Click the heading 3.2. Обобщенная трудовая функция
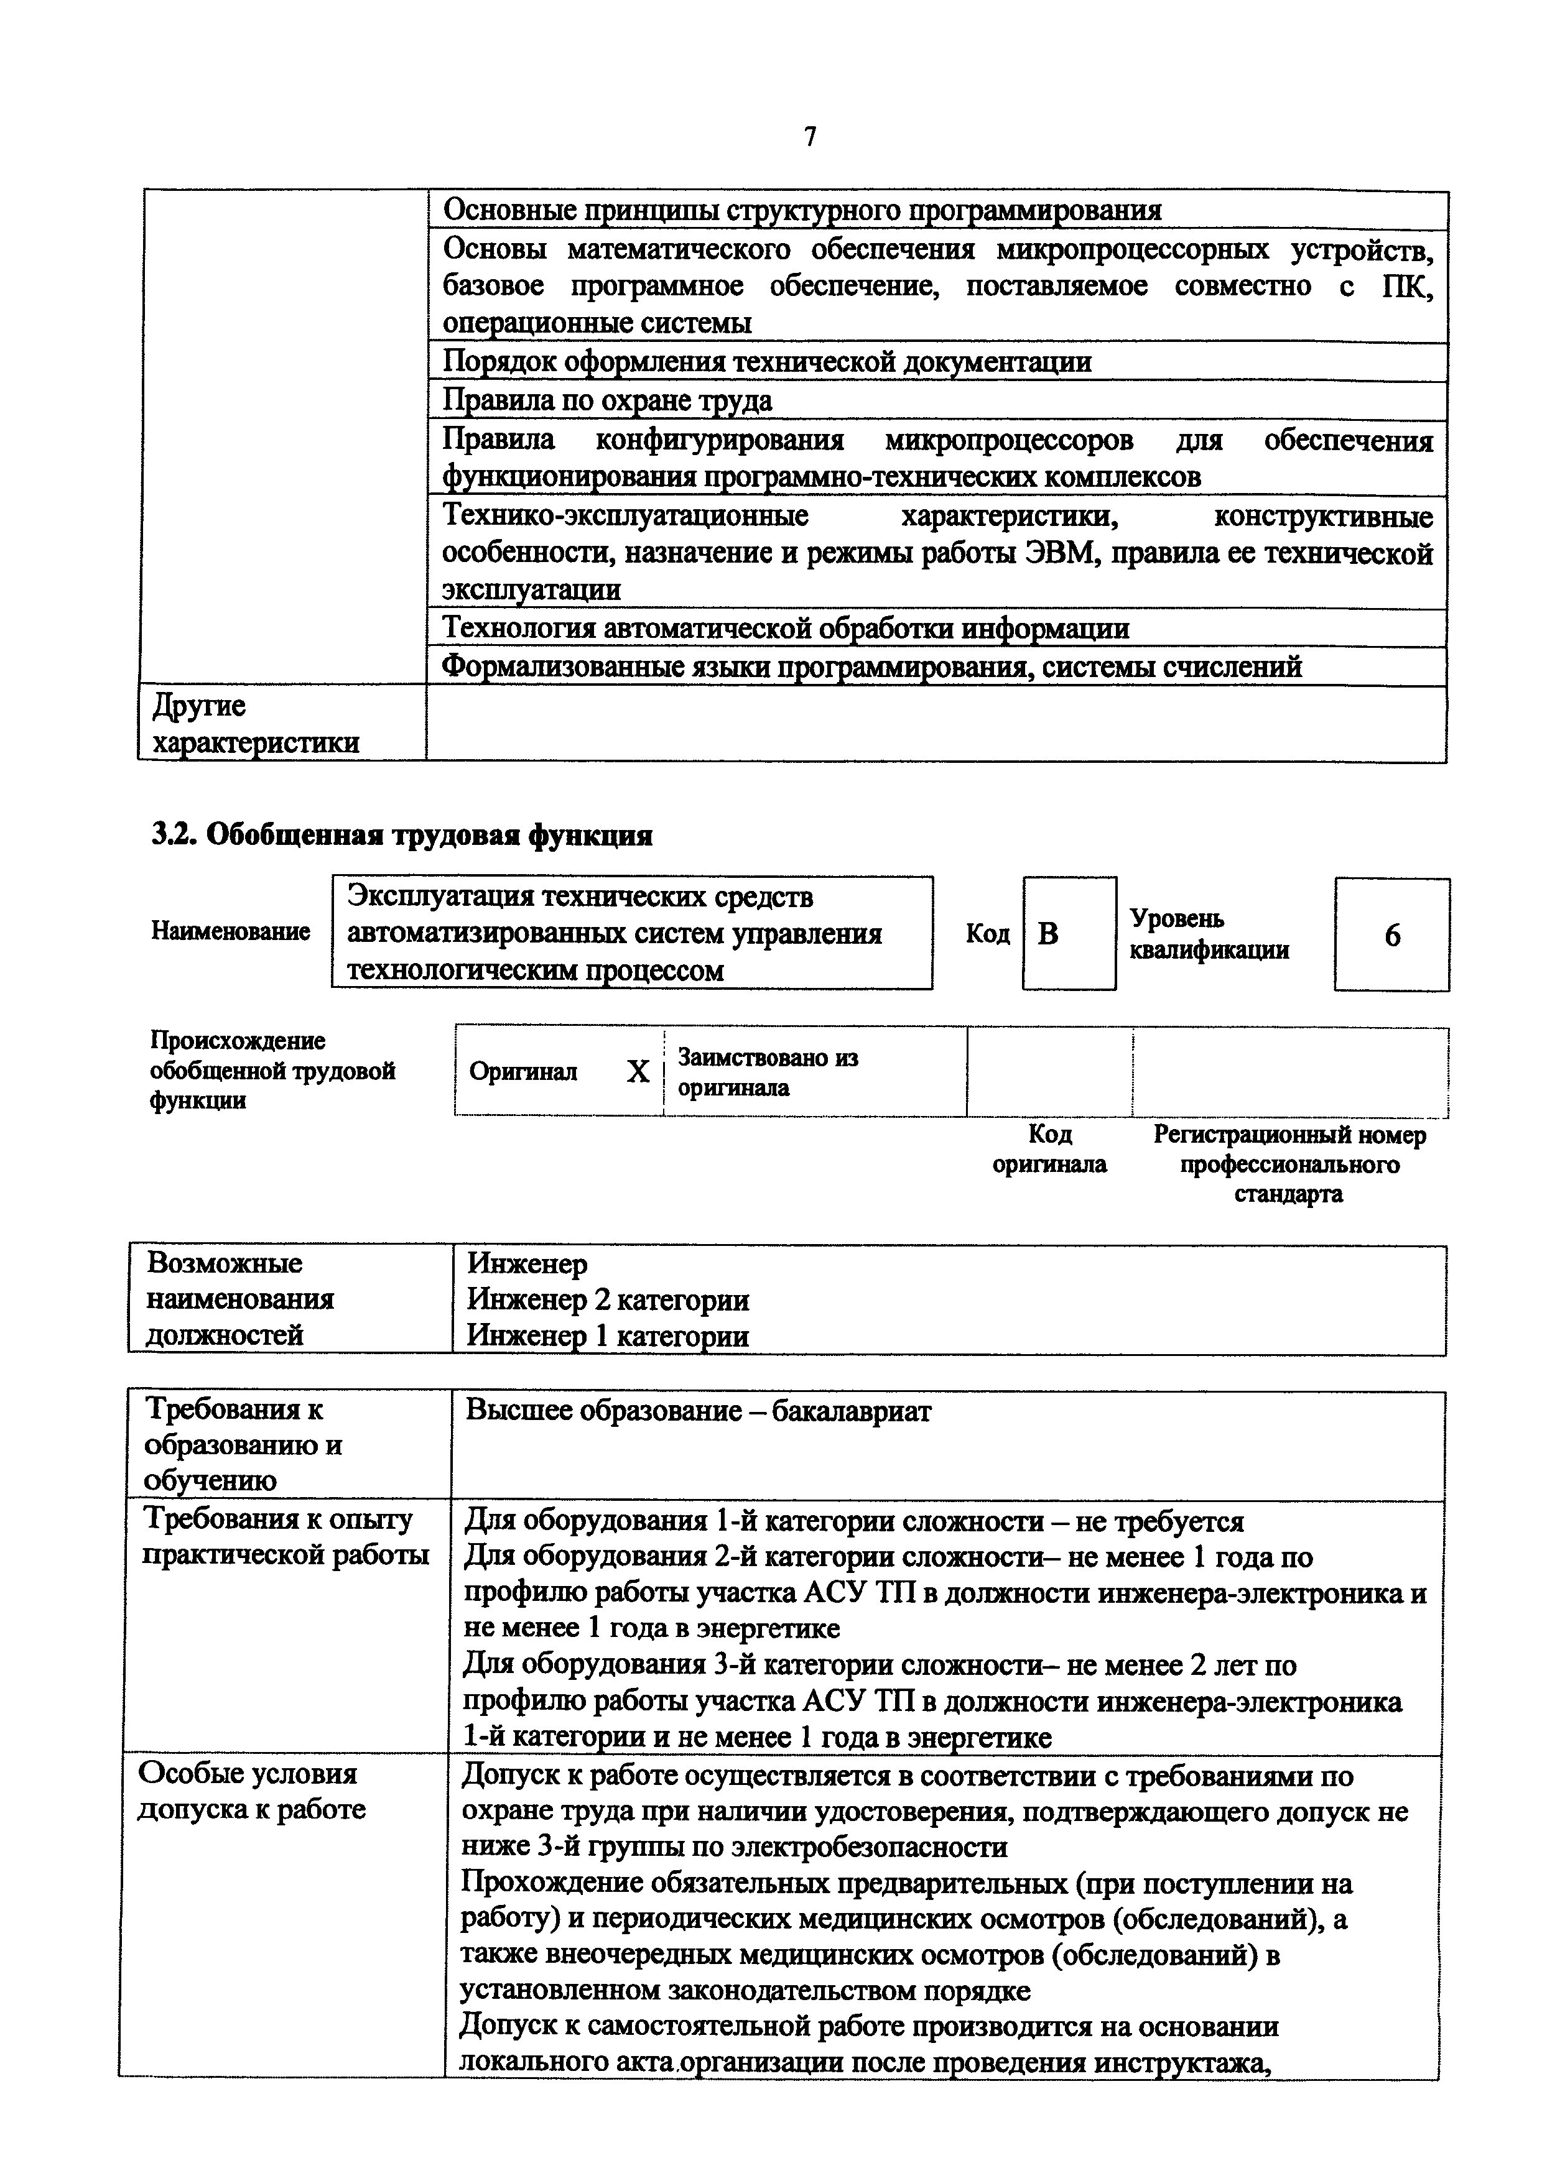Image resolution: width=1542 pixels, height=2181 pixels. (x=402, y=835)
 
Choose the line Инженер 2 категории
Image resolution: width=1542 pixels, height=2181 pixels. (x=608, y=1299)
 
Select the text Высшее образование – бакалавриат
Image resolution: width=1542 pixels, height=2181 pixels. (x=699, y=1411)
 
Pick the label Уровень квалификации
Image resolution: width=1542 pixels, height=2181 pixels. (x=1209, y=934)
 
